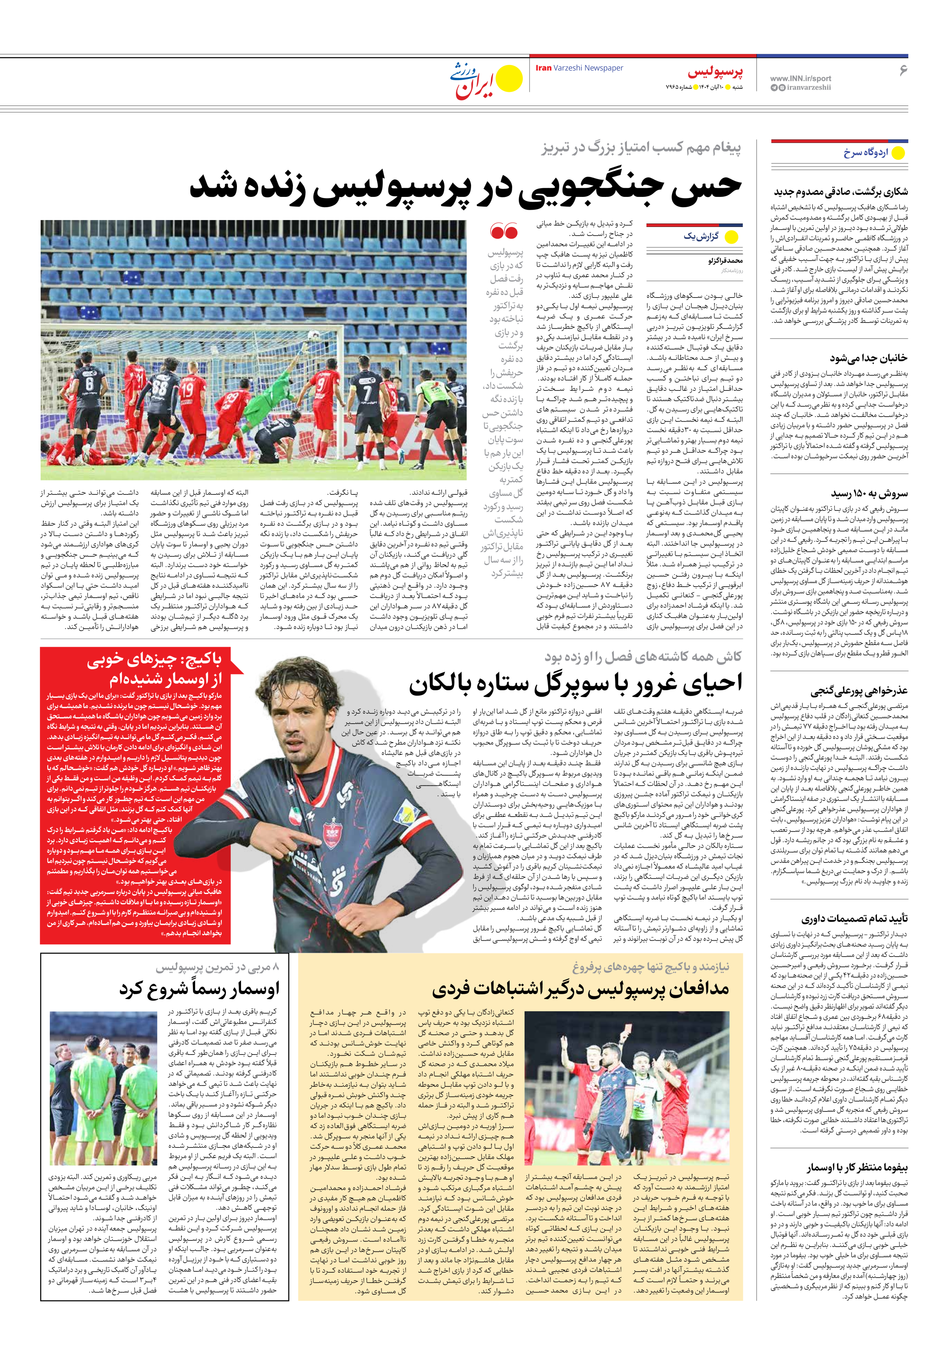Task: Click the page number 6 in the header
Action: coord(902,71)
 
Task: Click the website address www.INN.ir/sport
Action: coord(800,78)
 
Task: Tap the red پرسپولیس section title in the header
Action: coord(714,72)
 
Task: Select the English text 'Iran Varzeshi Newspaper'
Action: coord(579,68)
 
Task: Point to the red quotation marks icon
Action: coord(504,231)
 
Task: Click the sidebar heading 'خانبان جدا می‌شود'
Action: coord(868,358)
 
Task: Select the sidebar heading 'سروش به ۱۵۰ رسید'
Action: coord(869,493)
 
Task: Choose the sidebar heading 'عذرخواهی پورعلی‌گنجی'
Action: coord(859,691)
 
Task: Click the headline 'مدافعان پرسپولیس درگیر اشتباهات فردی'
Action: coord(580,989)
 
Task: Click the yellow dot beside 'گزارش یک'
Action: coord(731,237)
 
